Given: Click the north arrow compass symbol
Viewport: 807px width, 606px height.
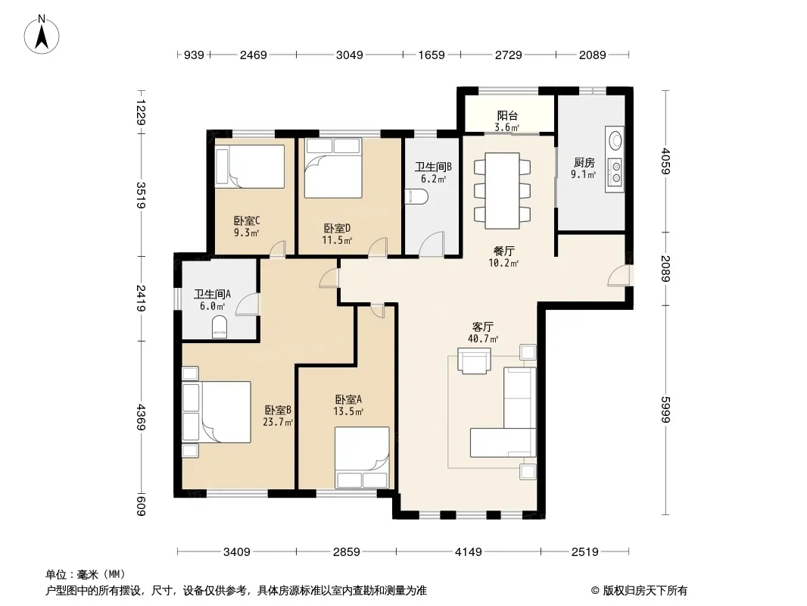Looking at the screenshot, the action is [x=42, y=35].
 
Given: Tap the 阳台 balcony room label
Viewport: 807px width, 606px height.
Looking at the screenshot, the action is [x=507, y=116].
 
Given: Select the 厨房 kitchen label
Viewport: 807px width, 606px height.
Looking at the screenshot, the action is [x=584, y=163].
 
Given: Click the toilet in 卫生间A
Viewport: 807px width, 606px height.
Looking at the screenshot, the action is [x=220, y=327].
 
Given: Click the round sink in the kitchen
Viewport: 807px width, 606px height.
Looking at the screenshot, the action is [x=615, y=140].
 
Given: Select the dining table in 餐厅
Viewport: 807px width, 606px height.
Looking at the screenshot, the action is [x=503, y=191].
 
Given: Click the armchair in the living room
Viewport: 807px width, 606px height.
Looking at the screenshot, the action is [x=475, y=361].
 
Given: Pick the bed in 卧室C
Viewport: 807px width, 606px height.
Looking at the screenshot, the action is [x=250, y=166].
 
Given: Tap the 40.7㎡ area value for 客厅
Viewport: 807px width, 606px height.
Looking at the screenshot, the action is [x=483, y=339].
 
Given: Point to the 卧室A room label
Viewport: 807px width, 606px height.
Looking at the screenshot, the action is [x=348, y=399].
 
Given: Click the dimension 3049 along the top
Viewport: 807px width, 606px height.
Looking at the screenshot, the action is [x=350, y=55].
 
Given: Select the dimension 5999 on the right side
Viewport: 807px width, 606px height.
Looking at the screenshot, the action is [x=666, y=409].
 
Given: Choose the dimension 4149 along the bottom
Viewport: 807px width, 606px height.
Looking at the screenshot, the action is [x=469, y=552].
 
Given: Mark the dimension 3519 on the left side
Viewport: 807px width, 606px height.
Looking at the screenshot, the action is [x=141, y=195].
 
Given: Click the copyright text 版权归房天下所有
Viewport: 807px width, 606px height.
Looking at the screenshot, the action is [x=644, y=591].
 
